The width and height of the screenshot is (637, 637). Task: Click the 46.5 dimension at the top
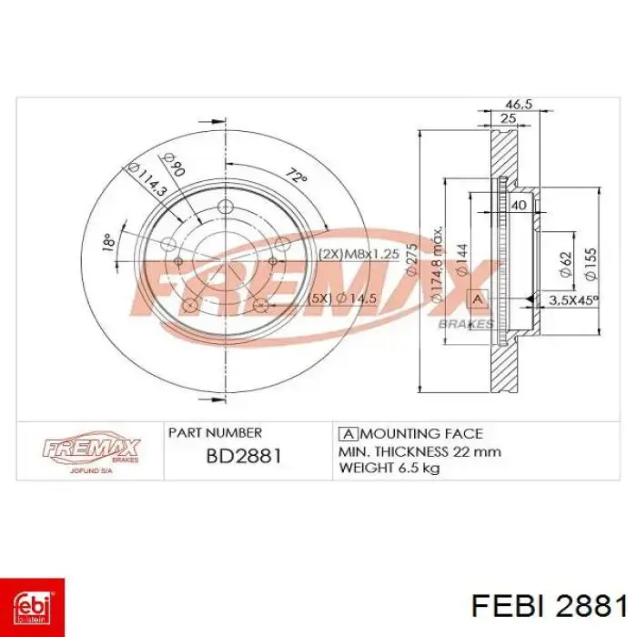[x=519, y=104]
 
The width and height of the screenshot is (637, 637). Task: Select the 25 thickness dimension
[x=508, y=118]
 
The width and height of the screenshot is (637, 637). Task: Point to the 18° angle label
[x=108, y=242]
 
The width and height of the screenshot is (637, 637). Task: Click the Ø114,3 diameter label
[x=147, y=179]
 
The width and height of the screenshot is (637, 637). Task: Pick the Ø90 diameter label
[x=174, y=164]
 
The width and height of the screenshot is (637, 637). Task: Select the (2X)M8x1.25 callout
[x=359, y=254]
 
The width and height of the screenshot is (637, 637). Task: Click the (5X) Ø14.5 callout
[x=343, y=298]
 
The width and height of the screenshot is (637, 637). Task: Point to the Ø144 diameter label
[x=462, y=260]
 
